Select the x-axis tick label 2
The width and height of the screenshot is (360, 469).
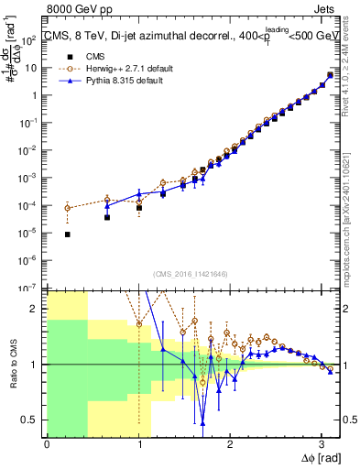click(229, 444)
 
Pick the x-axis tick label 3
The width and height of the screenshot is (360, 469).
click(321, 444)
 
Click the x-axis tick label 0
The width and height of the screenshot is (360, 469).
click(47, 444)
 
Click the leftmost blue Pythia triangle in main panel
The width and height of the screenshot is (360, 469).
click(107, 205)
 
